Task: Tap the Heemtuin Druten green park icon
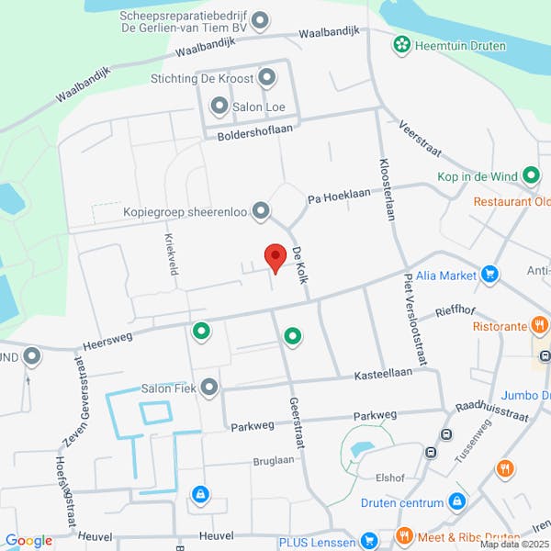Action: (x=401, y=43)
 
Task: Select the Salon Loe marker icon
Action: (x=219, y=107)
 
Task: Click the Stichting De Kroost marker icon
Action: (x=267, y=78)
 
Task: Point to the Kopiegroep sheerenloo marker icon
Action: (x=262, y=212)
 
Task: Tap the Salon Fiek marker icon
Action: (x=209, y=388)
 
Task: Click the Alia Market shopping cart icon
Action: (x=490, y=274)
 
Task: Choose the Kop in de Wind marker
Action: (x=531, y=174)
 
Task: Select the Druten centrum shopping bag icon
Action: (x=456, y=501)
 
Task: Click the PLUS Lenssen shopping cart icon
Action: (x=369, y=539)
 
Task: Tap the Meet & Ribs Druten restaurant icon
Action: (x=403, y=536)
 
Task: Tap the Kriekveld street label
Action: (x=170, y=253)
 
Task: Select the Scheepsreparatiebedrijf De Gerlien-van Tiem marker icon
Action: (x=260, y=20)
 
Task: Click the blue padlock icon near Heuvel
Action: (x=199, y=496)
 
